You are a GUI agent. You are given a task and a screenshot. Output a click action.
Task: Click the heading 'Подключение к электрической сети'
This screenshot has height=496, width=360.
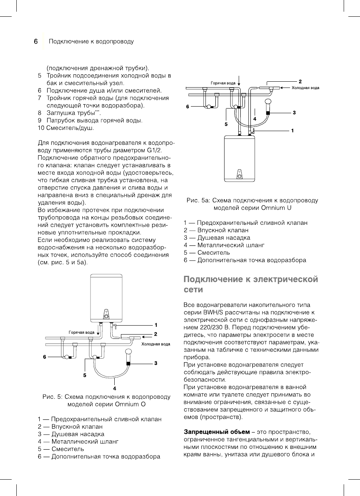click(x=250, y=285)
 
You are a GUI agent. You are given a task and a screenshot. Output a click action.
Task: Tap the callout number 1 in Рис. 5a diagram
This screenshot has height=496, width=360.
click(x=292, y=131)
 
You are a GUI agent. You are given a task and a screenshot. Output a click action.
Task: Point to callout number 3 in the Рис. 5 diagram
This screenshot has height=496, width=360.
click(x=156, y=363)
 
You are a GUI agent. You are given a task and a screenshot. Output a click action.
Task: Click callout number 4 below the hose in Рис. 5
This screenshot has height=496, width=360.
click(x=115, y=388)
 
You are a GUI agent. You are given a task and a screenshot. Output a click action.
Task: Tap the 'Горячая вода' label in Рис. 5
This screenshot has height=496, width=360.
click(x=81, y=333)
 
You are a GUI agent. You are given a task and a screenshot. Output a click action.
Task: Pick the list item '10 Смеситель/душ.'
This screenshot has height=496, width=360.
click(x=66, y=127)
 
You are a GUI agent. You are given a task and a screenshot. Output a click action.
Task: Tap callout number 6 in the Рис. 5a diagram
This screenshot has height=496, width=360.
click(x=187, y=106)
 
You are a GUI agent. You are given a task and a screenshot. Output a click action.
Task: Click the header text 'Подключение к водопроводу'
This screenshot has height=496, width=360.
click(x=91, y=41)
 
